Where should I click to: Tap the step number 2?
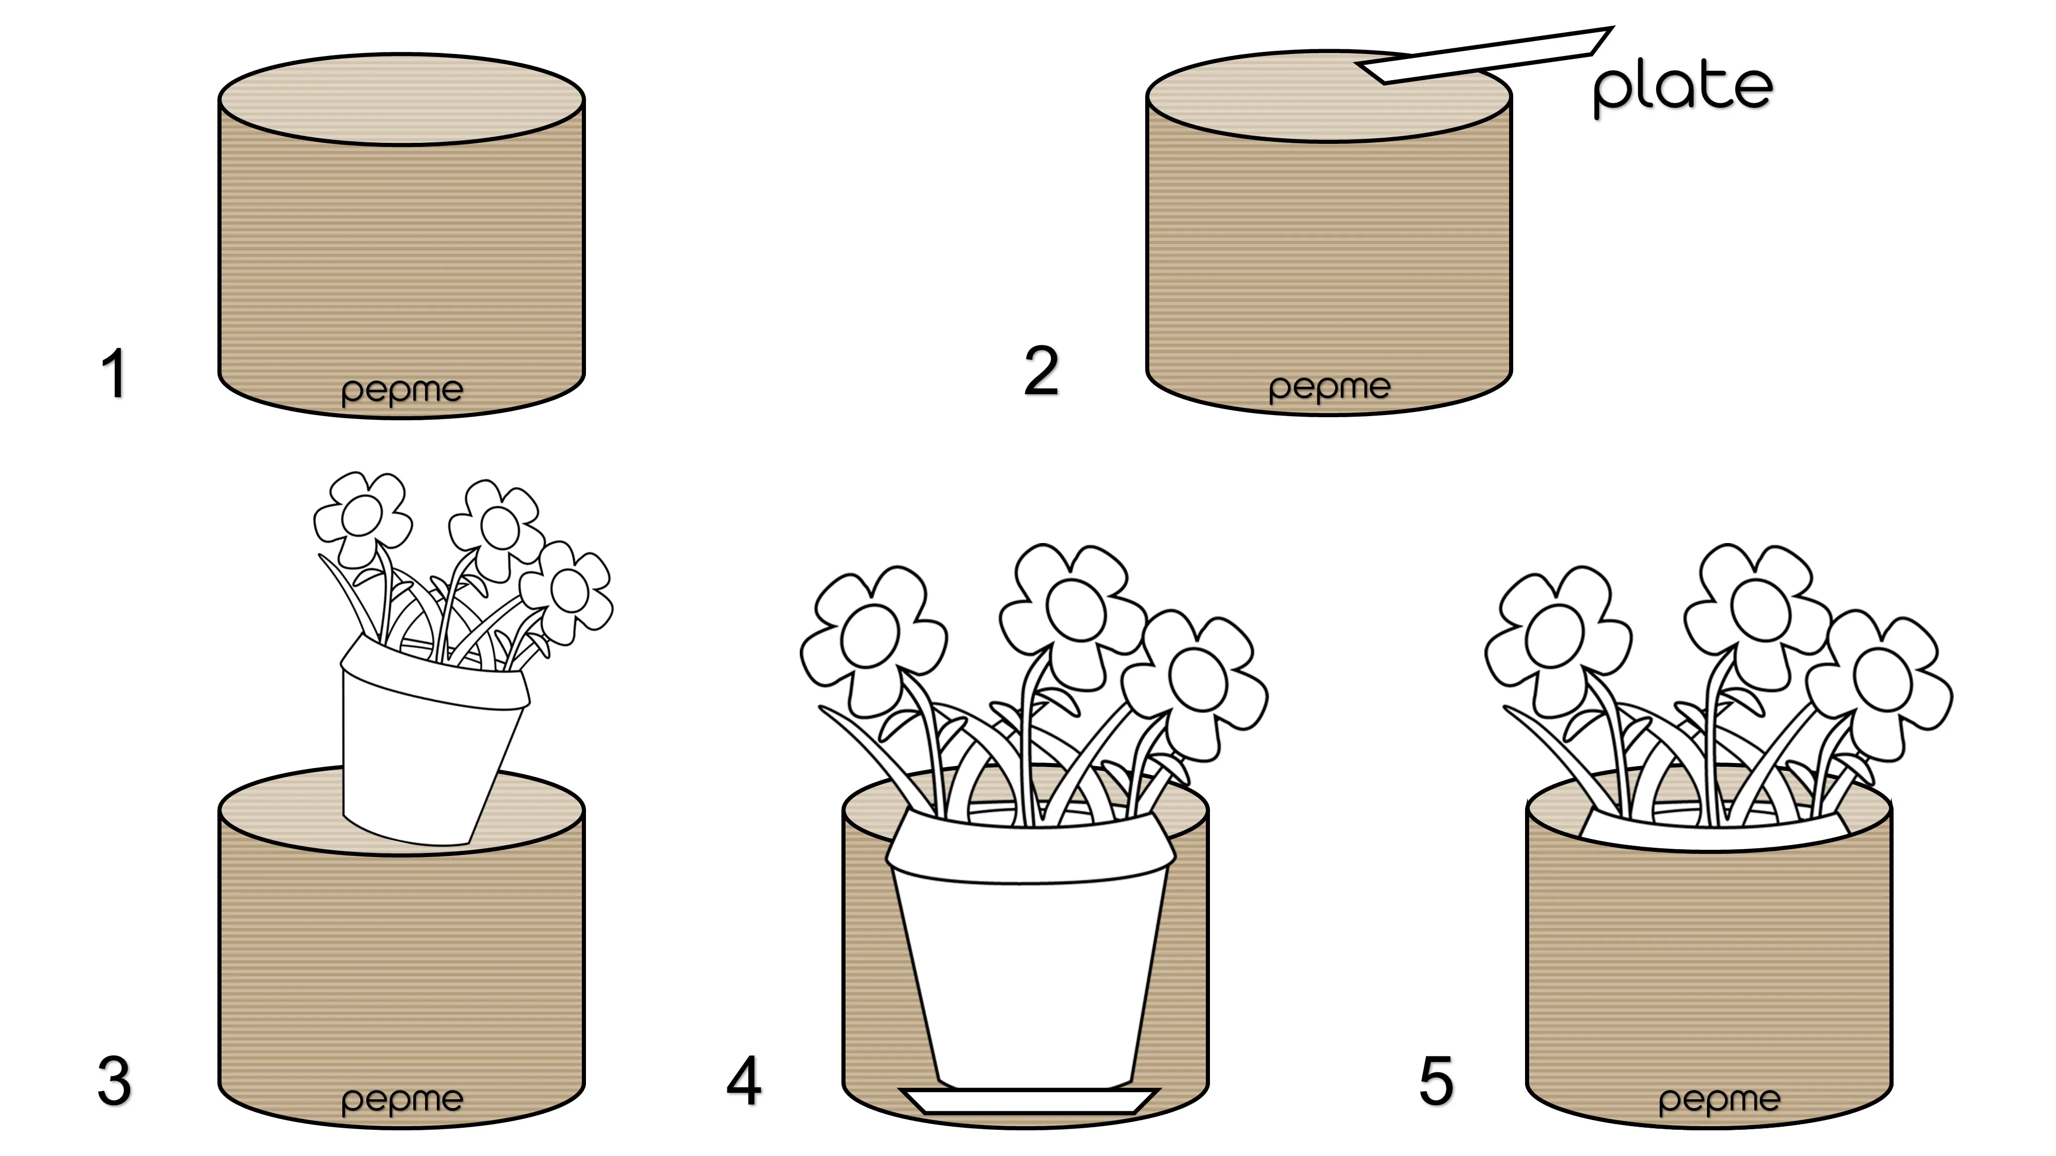click(x=1041, y=371)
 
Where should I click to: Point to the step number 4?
click(x=744, y=1081)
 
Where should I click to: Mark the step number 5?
click(x=1436, y=1081)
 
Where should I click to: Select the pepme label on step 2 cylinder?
click(x=1329, y=388)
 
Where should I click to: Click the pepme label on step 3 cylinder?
click(x=401, y=1100)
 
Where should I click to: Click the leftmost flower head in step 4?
click(x=870, y=638)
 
